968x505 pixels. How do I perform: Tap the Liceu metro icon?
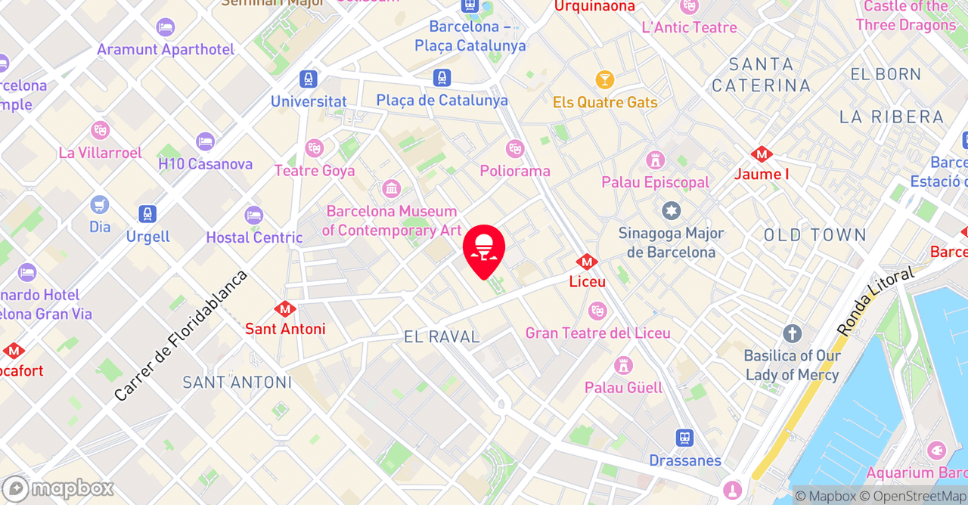point(587,262)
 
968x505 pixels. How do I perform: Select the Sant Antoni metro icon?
point(285,309)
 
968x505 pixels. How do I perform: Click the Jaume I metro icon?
point(761,155)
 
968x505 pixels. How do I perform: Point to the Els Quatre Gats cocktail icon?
point(604,79)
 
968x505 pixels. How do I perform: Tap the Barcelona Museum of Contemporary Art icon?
point(391,188)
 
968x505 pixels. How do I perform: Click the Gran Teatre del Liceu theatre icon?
point(597,310)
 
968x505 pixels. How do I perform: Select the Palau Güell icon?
point(623,365)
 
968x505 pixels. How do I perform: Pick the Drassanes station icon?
point(684,438)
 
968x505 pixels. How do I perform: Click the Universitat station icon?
point(308,79)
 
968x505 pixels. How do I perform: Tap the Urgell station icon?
point(147,214)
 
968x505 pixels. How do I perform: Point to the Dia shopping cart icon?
point(99,204)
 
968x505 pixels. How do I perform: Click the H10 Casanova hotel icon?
point(205,141)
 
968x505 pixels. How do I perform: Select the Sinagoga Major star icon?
point(671,211)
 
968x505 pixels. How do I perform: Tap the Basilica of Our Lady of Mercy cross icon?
point(792,333)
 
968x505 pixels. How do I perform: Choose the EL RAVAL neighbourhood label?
point(442,337)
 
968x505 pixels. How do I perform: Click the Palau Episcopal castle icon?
point(655,160)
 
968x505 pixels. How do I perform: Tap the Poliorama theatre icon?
point(515,149)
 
